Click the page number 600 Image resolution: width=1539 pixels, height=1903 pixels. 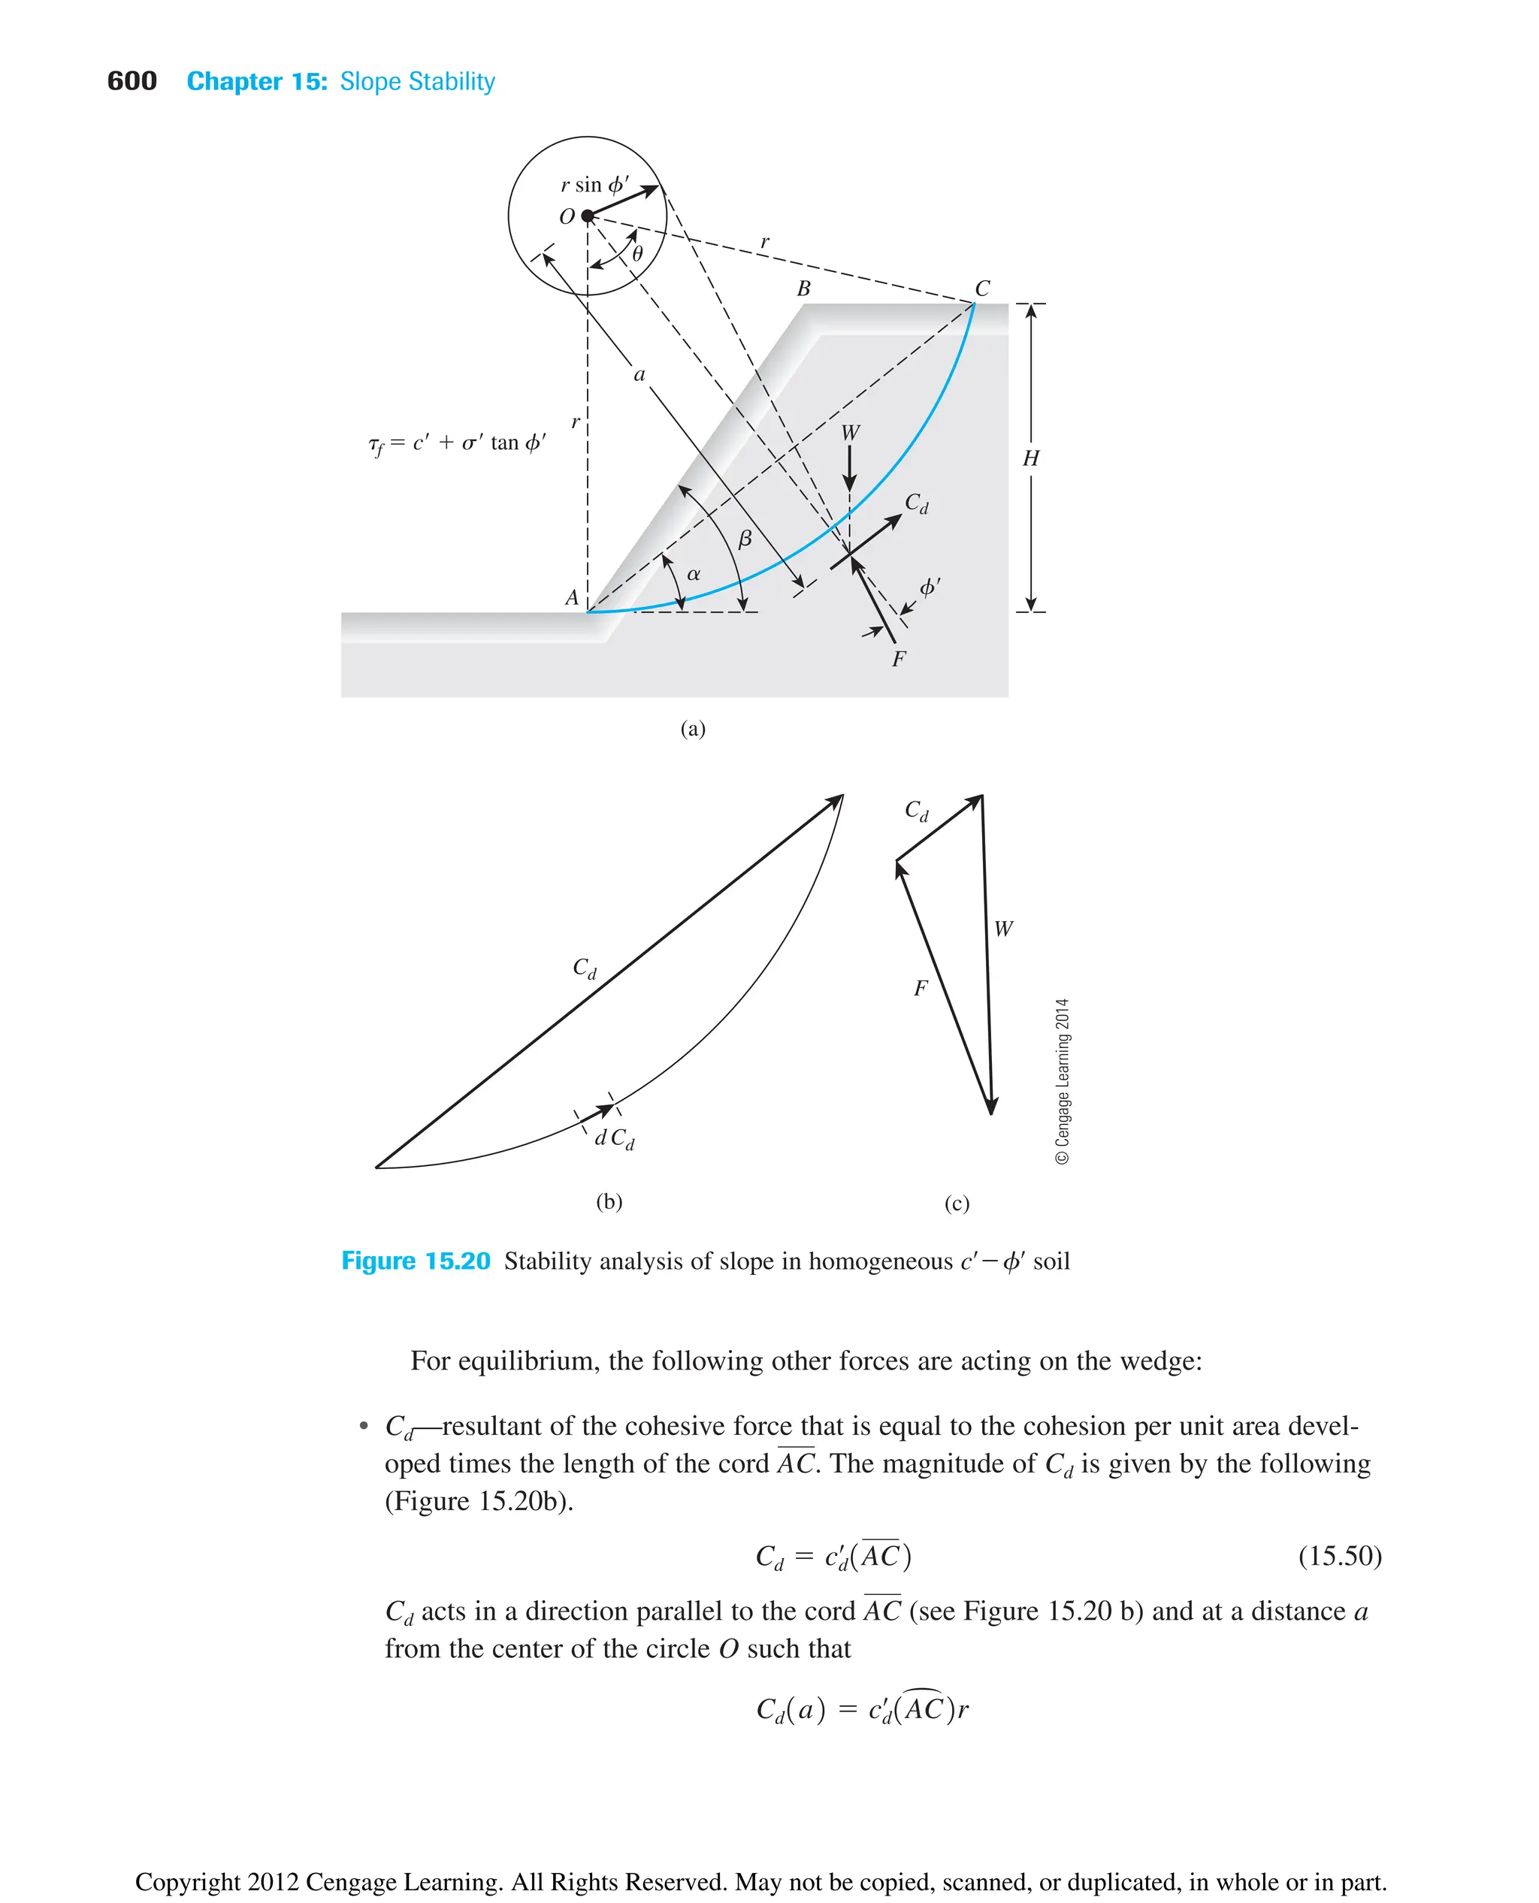132,82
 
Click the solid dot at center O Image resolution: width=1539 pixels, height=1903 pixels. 587,216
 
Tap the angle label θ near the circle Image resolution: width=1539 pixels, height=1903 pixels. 637,255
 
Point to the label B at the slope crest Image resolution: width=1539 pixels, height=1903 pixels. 803,289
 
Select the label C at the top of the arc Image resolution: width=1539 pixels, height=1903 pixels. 982,289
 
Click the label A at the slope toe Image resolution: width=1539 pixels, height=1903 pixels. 572,597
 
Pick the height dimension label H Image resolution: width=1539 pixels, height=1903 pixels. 1030,458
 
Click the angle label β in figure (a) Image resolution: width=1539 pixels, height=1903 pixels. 745,538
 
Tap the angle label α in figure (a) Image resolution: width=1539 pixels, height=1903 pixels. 694,575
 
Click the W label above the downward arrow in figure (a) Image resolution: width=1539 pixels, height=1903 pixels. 850,433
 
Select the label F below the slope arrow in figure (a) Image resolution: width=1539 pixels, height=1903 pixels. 899,659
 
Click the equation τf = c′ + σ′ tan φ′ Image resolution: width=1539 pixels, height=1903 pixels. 457,443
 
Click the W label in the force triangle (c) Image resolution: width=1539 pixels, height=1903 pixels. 1002,929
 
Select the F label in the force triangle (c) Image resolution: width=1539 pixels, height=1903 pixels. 921,987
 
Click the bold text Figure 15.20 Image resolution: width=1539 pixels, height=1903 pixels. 416,1261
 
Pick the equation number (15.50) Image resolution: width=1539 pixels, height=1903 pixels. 1340,1556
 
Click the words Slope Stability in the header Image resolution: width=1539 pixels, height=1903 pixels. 418,82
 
